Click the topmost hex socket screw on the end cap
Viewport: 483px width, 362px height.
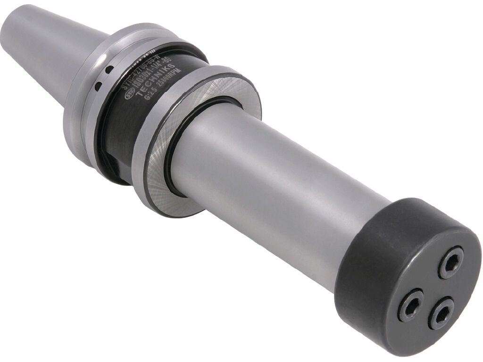point(451,262)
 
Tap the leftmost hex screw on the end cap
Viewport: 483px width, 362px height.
point(410,304)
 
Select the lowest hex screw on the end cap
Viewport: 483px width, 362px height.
point(441,313)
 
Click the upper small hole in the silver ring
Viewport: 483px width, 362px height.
point(109,70)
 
